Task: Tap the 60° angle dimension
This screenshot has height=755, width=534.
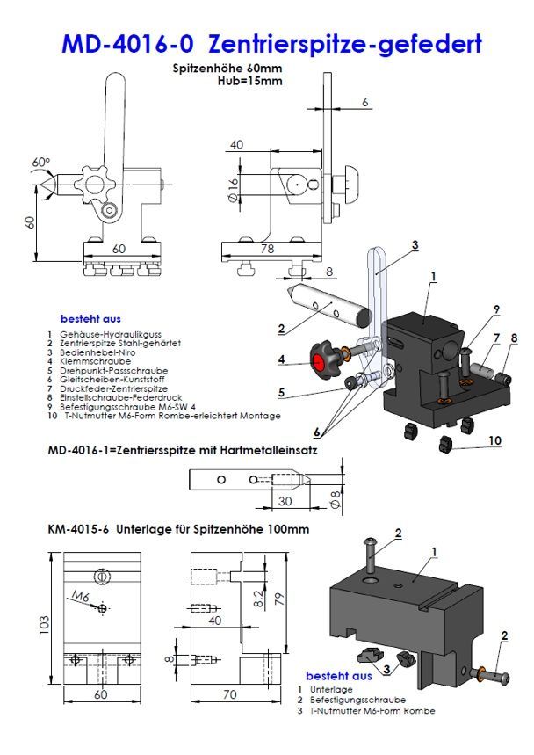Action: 40,163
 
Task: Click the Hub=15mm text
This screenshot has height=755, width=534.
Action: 249,81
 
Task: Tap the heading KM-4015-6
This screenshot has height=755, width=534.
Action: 77,531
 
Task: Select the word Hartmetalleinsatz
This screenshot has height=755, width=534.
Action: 273,450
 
